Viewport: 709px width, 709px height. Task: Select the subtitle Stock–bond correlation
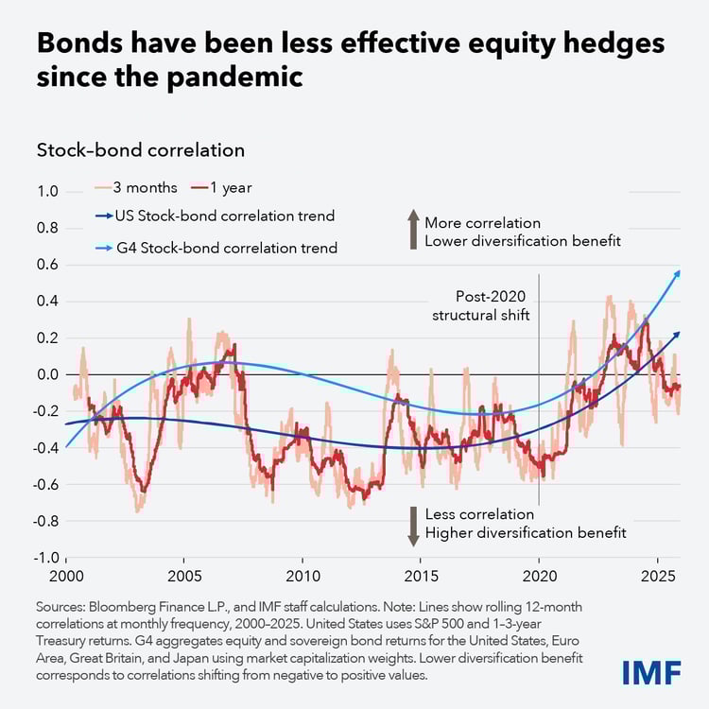click(140, 149)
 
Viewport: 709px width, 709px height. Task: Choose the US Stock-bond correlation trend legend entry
click(212, 216)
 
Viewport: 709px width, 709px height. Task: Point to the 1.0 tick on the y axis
click(47, 192)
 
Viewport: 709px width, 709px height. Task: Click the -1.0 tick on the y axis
click(44, 558)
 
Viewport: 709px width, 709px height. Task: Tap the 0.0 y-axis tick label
click(47, 374)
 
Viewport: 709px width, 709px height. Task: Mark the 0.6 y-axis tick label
click(47, 265)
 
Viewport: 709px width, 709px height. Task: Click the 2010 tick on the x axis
click(303, 578)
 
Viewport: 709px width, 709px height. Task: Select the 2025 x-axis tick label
click(657, 578)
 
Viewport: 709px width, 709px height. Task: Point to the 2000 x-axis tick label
click(66, 578)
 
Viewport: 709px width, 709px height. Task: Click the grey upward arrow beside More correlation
click(412, 230)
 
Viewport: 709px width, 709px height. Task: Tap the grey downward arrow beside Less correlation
click(412, 525)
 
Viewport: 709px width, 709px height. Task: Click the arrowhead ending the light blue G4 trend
click(677, 272)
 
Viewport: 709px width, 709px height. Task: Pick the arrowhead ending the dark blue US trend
click(677, 334)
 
